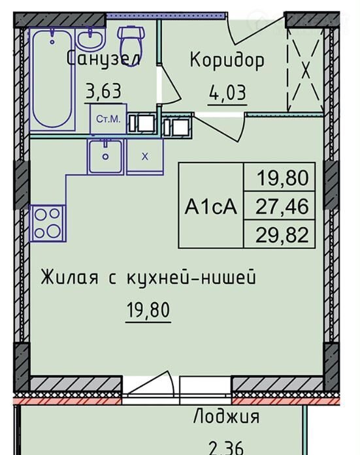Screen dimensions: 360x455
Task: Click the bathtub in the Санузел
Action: (52, 79)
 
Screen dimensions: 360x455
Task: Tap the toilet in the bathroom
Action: (131, 46)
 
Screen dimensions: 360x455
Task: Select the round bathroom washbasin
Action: (91, 39)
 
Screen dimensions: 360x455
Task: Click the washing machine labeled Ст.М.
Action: (108, 119)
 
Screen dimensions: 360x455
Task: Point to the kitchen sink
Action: (106, 157)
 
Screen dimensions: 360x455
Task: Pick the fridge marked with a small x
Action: (145, 157)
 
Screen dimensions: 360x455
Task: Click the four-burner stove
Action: (48, 223)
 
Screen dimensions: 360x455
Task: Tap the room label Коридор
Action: (227, 60)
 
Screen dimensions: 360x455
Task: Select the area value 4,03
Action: (227, 93)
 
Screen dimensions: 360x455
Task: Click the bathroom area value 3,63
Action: (104, 91)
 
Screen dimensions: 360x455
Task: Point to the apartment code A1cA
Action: (211, 207)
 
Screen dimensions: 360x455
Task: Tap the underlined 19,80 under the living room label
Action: (148, 309)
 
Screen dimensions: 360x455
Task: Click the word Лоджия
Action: (227, 417)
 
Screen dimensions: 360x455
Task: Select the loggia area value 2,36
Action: (226, 448)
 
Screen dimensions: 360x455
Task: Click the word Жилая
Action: (69, 277)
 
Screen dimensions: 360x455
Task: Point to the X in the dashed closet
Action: (305, 70)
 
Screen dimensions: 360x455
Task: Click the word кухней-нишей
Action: (191, 277)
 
